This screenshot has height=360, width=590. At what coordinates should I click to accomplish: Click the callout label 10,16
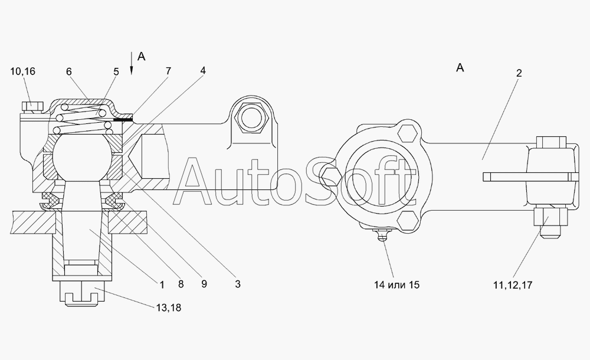click(23, 71)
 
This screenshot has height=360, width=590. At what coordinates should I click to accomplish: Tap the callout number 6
click(69, 71)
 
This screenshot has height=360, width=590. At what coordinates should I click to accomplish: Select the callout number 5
click(116, 71)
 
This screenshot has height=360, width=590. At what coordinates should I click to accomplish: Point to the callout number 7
click(168, 71)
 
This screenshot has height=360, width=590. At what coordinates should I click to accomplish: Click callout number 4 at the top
click(203, 70)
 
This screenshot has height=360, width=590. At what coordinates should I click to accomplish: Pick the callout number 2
click(519, 73)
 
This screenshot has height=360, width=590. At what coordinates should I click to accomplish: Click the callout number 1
click(162, 284)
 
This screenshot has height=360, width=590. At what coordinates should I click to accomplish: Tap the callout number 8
click(181, 284)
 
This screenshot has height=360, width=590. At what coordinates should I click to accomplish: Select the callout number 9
click(204, 283)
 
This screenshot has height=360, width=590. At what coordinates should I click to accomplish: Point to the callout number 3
click(237, 284)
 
